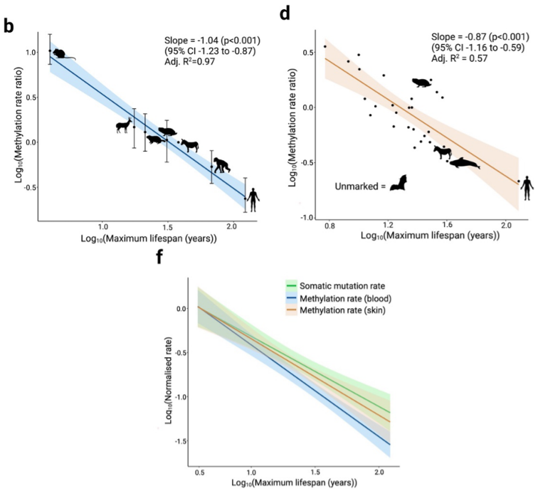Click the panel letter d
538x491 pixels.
[285, 14]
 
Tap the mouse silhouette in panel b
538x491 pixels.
[59, 54]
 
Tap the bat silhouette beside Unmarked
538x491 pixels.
[397, 184]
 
